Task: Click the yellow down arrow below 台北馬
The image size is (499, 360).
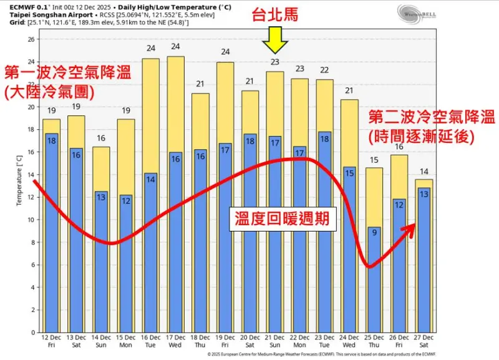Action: pos(275,42)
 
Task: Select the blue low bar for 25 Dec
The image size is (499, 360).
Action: pos(374,281)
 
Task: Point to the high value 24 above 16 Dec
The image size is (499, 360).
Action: pos(151,48)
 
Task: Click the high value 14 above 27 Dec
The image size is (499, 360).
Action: pos(424,172)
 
